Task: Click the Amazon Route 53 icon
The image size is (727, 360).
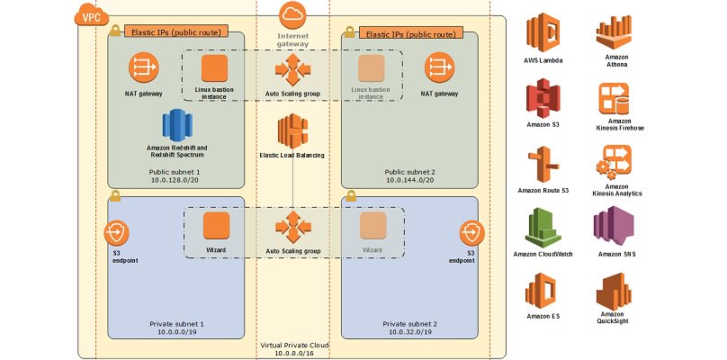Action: click(x=544, y=164)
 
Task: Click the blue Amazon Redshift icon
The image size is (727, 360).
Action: click(x=177, y=124)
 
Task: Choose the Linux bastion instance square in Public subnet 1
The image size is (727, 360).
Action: click(x=216, y=67)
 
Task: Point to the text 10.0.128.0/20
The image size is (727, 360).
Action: click(x=177, y=180)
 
